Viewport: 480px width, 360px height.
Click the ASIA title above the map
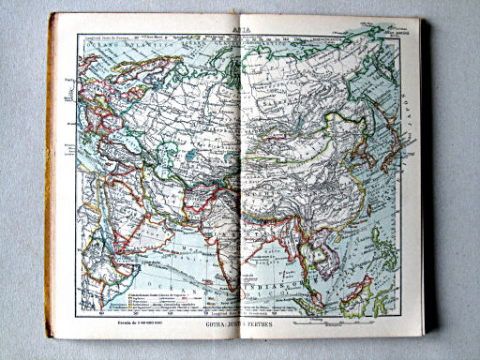[240, 29]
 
